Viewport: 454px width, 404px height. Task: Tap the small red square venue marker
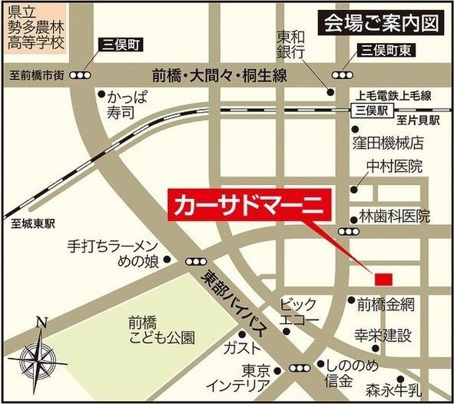point(383,277)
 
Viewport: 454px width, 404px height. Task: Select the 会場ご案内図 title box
point(382,22)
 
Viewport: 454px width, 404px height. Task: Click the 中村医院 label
point(394,167)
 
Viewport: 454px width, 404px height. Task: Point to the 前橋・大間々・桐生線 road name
point(219,75)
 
